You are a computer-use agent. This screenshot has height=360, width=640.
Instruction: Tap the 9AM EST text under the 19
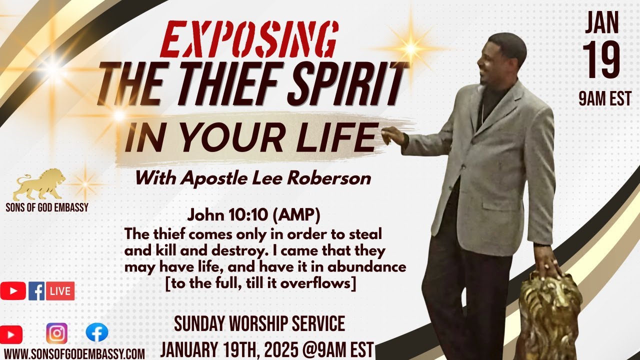pyautogui.click(x=604, y=98)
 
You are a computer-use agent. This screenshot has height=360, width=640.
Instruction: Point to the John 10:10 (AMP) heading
pyautogui.click(x=253, y=216)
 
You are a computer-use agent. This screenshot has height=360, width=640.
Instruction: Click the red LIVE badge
pyautogui.click(x=60, y=291)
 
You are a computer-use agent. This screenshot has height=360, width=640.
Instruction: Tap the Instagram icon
pyautogui.click(x=56, y=333)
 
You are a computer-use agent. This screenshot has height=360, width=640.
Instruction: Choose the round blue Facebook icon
pyautogui.click(x=96, y=332)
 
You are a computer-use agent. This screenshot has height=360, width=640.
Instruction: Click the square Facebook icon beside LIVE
pyautogui.click(x=36, y=291)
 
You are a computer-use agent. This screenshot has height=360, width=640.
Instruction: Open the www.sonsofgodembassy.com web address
pyautogui.click(x=74, y=353)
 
